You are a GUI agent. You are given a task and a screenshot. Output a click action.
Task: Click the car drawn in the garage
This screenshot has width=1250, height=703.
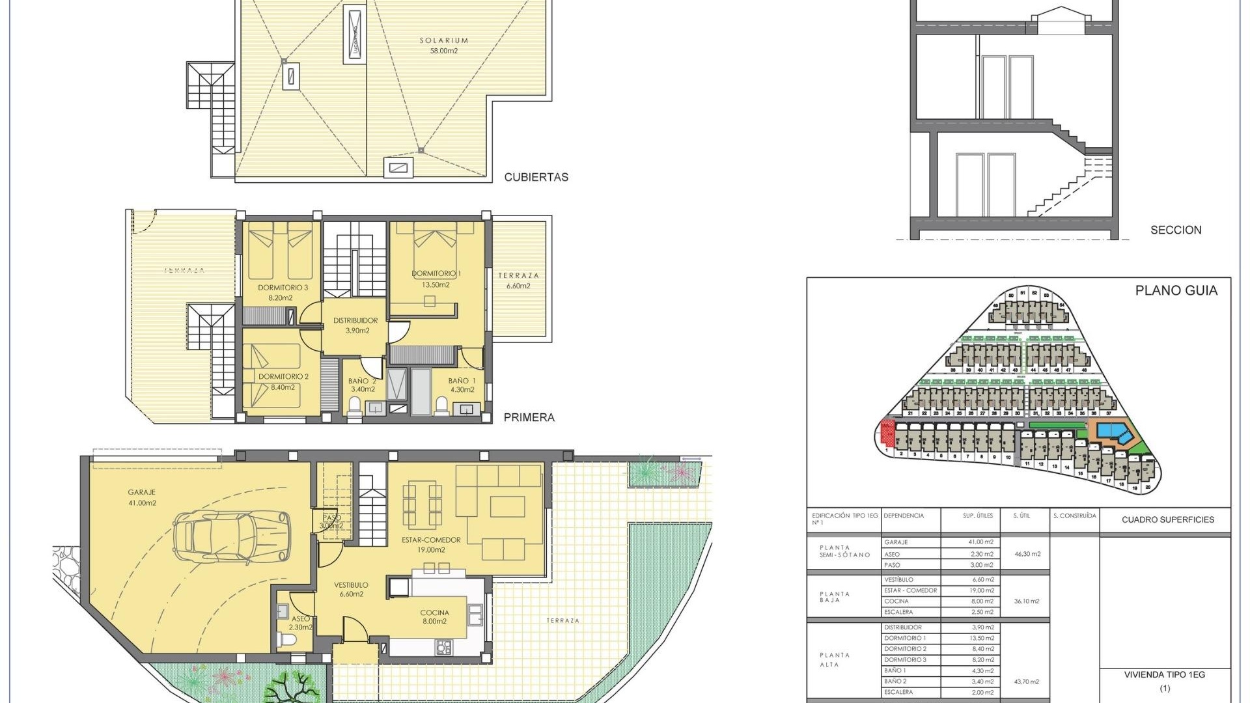click(232, 537)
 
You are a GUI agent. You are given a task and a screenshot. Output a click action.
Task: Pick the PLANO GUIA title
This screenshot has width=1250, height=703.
click(1176, 291)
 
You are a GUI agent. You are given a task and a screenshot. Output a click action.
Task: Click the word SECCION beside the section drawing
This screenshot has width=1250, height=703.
click(1176, 230)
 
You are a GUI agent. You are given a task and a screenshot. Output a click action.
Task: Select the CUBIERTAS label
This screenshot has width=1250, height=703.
click(536, 177)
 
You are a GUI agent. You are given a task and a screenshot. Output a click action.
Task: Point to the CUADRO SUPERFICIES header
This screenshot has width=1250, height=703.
click(1167, 519)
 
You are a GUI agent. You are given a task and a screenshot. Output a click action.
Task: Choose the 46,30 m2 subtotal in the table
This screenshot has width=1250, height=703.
click(1027, 554)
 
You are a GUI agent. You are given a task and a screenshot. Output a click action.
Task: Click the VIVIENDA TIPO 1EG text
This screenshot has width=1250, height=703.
click(1164, 675)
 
